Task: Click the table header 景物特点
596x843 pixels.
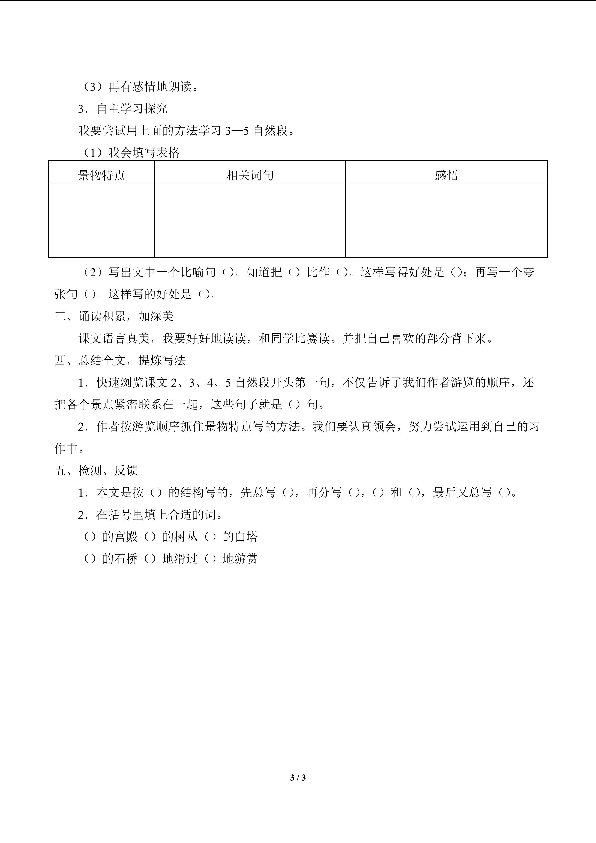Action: click(x=101, y=175)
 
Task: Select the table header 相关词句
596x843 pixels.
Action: click(x=250, y=175)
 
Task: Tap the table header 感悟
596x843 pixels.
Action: click(x=446, y=175)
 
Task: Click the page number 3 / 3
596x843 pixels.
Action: click(x=298, y=777)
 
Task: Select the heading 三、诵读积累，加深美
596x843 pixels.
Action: click(x=114, y=316)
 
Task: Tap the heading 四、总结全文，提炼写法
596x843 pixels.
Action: click(x=120, y=360)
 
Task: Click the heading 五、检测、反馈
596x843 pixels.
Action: click(x=96, y=470)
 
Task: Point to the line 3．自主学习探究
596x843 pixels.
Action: click(x=123, y=109)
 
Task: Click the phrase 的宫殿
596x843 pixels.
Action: click(x=120, y=537)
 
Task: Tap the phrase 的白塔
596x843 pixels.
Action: click(x=240, y=537)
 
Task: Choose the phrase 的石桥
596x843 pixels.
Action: click(x=120, y=558)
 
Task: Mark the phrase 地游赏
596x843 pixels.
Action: click(x=240, y=558)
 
